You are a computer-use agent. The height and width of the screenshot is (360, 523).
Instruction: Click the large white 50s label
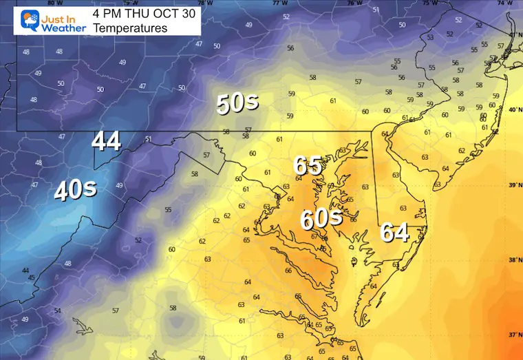coord(237,103)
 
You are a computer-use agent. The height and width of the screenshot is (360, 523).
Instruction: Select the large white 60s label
coord(321,219)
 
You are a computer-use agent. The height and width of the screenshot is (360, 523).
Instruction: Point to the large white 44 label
coord(106,141)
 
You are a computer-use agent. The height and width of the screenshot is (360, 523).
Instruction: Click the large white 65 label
coord(308,165)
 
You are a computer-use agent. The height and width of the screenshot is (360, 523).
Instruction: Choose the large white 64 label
coord(395,233)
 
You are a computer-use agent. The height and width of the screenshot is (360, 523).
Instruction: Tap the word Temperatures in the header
coord(130,28)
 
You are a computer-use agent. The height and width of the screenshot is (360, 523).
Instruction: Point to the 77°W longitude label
coord(279,3)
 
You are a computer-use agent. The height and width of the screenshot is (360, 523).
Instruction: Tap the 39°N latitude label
coord(513,186)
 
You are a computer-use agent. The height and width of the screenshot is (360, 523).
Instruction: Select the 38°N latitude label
coord(513,260)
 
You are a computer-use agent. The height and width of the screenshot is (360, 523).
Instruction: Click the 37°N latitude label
coord(513,335)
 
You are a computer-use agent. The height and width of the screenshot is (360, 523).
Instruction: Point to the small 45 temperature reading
coord(31,277)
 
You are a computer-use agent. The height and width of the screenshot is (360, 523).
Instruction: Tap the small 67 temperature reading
coord(314,236)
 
